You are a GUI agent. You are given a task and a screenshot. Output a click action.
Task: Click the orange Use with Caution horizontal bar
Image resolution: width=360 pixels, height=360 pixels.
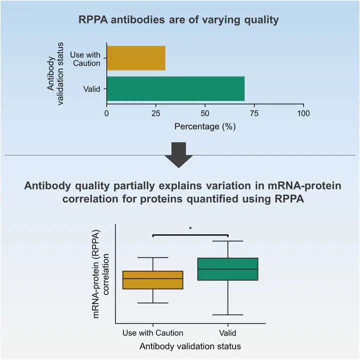(135, 58)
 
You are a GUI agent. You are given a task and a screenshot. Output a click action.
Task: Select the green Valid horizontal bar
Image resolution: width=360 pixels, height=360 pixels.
(175, 88)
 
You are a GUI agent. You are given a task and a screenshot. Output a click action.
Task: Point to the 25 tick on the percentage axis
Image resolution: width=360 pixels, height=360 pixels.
(155, 113)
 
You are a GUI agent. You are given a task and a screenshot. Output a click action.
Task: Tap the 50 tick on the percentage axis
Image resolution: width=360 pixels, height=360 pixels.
(204, 113)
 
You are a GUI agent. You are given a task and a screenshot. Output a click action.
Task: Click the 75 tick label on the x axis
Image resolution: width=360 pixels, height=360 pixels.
(254, 113)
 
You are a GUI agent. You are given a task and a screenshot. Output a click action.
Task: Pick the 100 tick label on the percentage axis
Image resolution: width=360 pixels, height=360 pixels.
(303, 113)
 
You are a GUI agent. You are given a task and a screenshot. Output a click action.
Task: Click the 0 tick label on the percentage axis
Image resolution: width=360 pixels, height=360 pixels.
(106, 113)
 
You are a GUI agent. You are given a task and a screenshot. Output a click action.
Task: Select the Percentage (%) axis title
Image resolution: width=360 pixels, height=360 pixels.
(204, 126)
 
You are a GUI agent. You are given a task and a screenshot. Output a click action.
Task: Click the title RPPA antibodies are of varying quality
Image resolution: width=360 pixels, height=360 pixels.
(179, 21)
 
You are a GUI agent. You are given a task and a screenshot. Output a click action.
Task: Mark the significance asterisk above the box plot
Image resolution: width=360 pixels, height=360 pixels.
(190, 228)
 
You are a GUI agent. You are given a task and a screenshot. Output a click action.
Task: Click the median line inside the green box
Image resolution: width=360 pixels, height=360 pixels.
(227, 268)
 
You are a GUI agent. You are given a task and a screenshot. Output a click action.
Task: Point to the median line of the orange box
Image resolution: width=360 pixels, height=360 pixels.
(152, 278)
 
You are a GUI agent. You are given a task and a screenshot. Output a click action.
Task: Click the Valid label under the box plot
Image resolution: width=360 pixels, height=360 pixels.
(227, 332)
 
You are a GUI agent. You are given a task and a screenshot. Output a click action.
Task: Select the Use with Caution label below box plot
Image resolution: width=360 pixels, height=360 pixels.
(152, 332)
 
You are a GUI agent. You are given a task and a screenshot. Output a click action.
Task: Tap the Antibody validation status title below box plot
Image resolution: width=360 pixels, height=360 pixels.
(190, 346)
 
